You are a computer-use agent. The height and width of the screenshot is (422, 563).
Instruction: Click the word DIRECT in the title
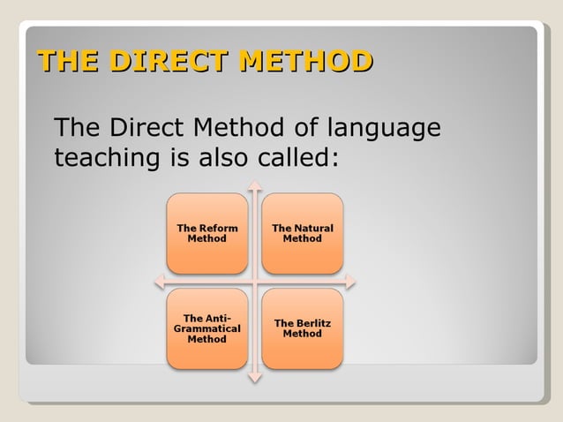(x=171, y=62)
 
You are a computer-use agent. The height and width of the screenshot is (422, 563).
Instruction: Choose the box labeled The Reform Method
(x=207, y=233)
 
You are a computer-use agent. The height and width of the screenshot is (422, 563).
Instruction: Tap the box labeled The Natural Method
(x=303, y=233)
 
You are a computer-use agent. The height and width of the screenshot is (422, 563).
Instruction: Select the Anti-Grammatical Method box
(x=207, y=328)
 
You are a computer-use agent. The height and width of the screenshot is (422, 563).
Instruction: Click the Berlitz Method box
(x=303, y=328)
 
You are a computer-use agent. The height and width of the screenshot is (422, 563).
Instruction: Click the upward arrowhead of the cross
(x=255, y=185)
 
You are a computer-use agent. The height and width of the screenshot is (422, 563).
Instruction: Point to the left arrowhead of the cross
(x=160, y=282)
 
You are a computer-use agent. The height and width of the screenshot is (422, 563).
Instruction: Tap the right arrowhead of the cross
(x=350, y=282)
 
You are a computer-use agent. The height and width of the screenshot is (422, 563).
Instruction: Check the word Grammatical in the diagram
(x=207, y=328)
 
